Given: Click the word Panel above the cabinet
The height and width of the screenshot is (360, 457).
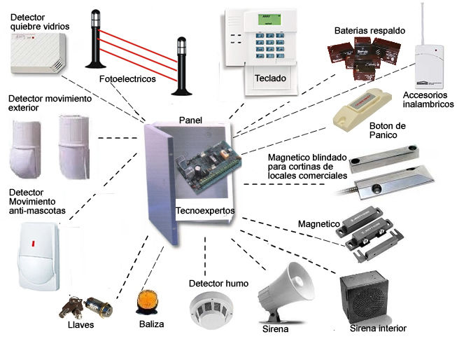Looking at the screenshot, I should point(190,120).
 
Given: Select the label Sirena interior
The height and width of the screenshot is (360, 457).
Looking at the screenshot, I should point(377,328).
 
